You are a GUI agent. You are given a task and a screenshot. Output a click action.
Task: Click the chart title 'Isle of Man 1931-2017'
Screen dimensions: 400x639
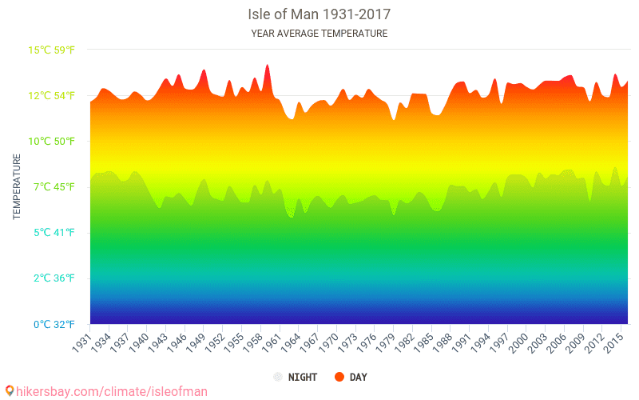click(x=319, y=14)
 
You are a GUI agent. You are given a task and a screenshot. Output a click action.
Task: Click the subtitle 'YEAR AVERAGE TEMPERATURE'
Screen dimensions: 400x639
click(x=319, y=34)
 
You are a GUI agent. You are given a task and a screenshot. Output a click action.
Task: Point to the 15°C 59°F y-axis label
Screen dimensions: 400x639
click(x=52, y=50)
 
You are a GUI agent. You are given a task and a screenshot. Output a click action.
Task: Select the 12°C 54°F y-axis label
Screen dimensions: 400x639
click(x=52, y=95)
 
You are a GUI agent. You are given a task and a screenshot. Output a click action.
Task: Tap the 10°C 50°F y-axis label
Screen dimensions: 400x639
click(x=52, y=141)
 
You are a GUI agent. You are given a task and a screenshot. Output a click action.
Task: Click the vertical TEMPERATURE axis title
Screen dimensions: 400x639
click(x=17, y=187)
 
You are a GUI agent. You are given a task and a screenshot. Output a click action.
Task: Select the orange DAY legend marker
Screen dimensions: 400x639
click(x=339, y=377)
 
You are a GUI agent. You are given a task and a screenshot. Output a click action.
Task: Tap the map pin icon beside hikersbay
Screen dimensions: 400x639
click(x=10, y=391)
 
